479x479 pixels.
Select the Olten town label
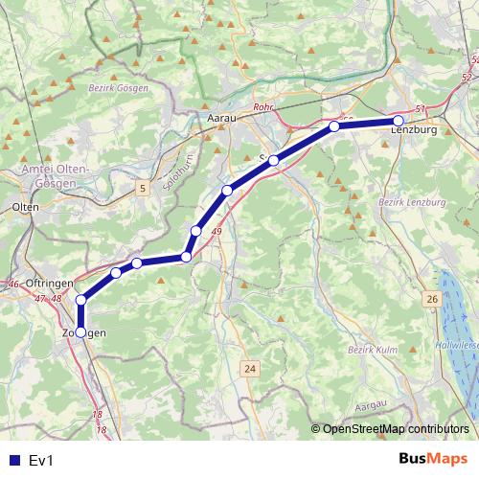25,206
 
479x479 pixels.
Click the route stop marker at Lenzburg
399,121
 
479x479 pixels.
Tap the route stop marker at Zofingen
80,332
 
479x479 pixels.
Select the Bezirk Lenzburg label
413,203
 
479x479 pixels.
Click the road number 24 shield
250,369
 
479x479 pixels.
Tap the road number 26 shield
432,301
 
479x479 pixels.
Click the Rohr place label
264,108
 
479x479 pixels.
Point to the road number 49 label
217,233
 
